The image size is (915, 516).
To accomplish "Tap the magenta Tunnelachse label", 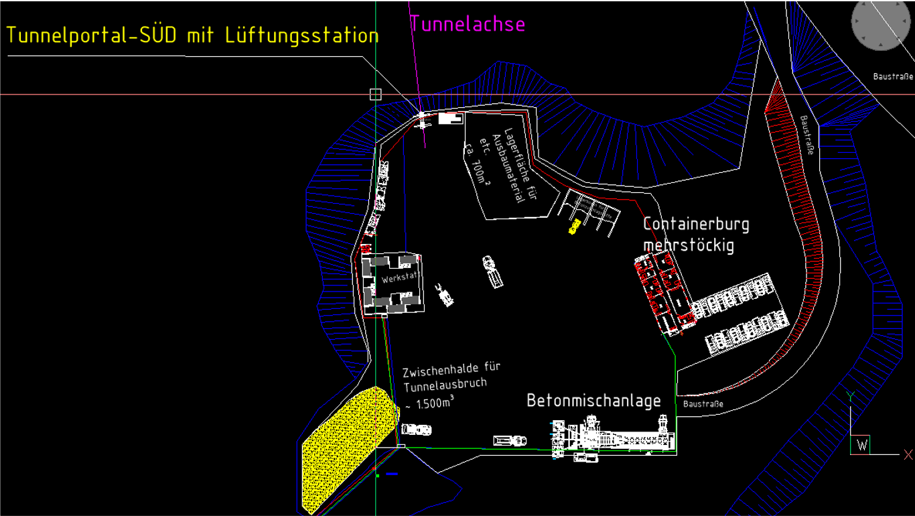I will (468, 24).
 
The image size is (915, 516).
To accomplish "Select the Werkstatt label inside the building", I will (399, 277).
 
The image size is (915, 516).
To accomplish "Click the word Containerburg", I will (696, 224).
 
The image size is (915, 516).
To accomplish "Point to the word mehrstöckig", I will (689, 245).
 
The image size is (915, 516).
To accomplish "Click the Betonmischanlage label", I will (593, 401).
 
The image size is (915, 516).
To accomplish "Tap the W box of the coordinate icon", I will (861, 445).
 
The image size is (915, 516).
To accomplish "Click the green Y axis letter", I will (849, 395).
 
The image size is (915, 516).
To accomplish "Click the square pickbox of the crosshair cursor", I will (376, 94).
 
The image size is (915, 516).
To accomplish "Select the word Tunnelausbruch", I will (445, 385).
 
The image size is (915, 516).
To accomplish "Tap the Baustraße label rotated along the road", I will (806, 135).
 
